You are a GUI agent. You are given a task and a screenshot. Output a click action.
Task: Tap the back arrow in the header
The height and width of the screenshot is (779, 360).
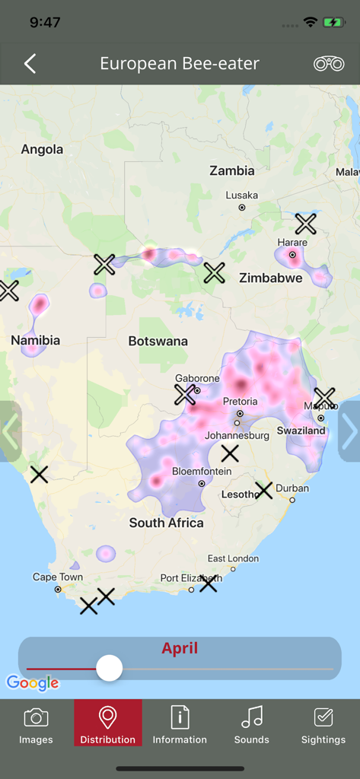(30, 64)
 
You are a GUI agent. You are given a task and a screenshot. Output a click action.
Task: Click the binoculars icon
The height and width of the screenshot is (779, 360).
(329, 64)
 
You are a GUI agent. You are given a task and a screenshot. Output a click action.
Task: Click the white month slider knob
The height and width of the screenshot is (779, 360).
(110, 669)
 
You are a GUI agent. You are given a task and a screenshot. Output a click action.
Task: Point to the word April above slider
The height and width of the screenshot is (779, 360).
(180, 648)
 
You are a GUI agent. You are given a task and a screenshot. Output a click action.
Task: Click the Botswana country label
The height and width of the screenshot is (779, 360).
(158, 341)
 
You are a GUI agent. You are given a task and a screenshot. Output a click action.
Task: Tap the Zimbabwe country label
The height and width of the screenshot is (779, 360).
(270, 278)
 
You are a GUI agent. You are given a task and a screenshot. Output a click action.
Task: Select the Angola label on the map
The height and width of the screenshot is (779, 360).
(42, 149)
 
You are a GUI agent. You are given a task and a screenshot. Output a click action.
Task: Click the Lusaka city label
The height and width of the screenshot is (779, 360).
(242, 196)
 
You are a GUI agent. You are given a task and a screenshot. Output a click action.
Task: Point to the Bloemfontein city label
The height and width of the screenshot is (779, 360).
(202, 472)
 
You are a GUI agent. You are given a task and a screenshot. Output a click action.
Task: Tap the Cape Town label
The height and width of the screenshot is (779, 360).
(58, 577)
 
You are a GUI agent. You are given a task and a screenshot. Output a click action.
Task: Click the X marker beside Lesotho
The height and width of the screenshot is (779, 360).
(263, 490)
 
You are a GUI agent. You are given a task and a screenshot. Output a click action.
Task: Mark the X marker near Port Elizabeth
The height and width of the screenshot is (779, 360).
(208, 583)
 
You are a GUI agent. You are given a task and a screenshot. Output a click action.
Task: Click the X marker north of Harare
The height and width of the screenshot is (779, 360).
(305, 224)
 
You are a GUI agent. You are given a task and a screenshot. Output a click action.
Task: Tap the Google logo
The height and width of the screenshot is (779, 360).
(33, 682)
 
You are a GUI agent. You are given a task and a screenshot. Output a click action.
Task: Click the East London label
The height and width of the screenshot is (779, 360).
(233, 558)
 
